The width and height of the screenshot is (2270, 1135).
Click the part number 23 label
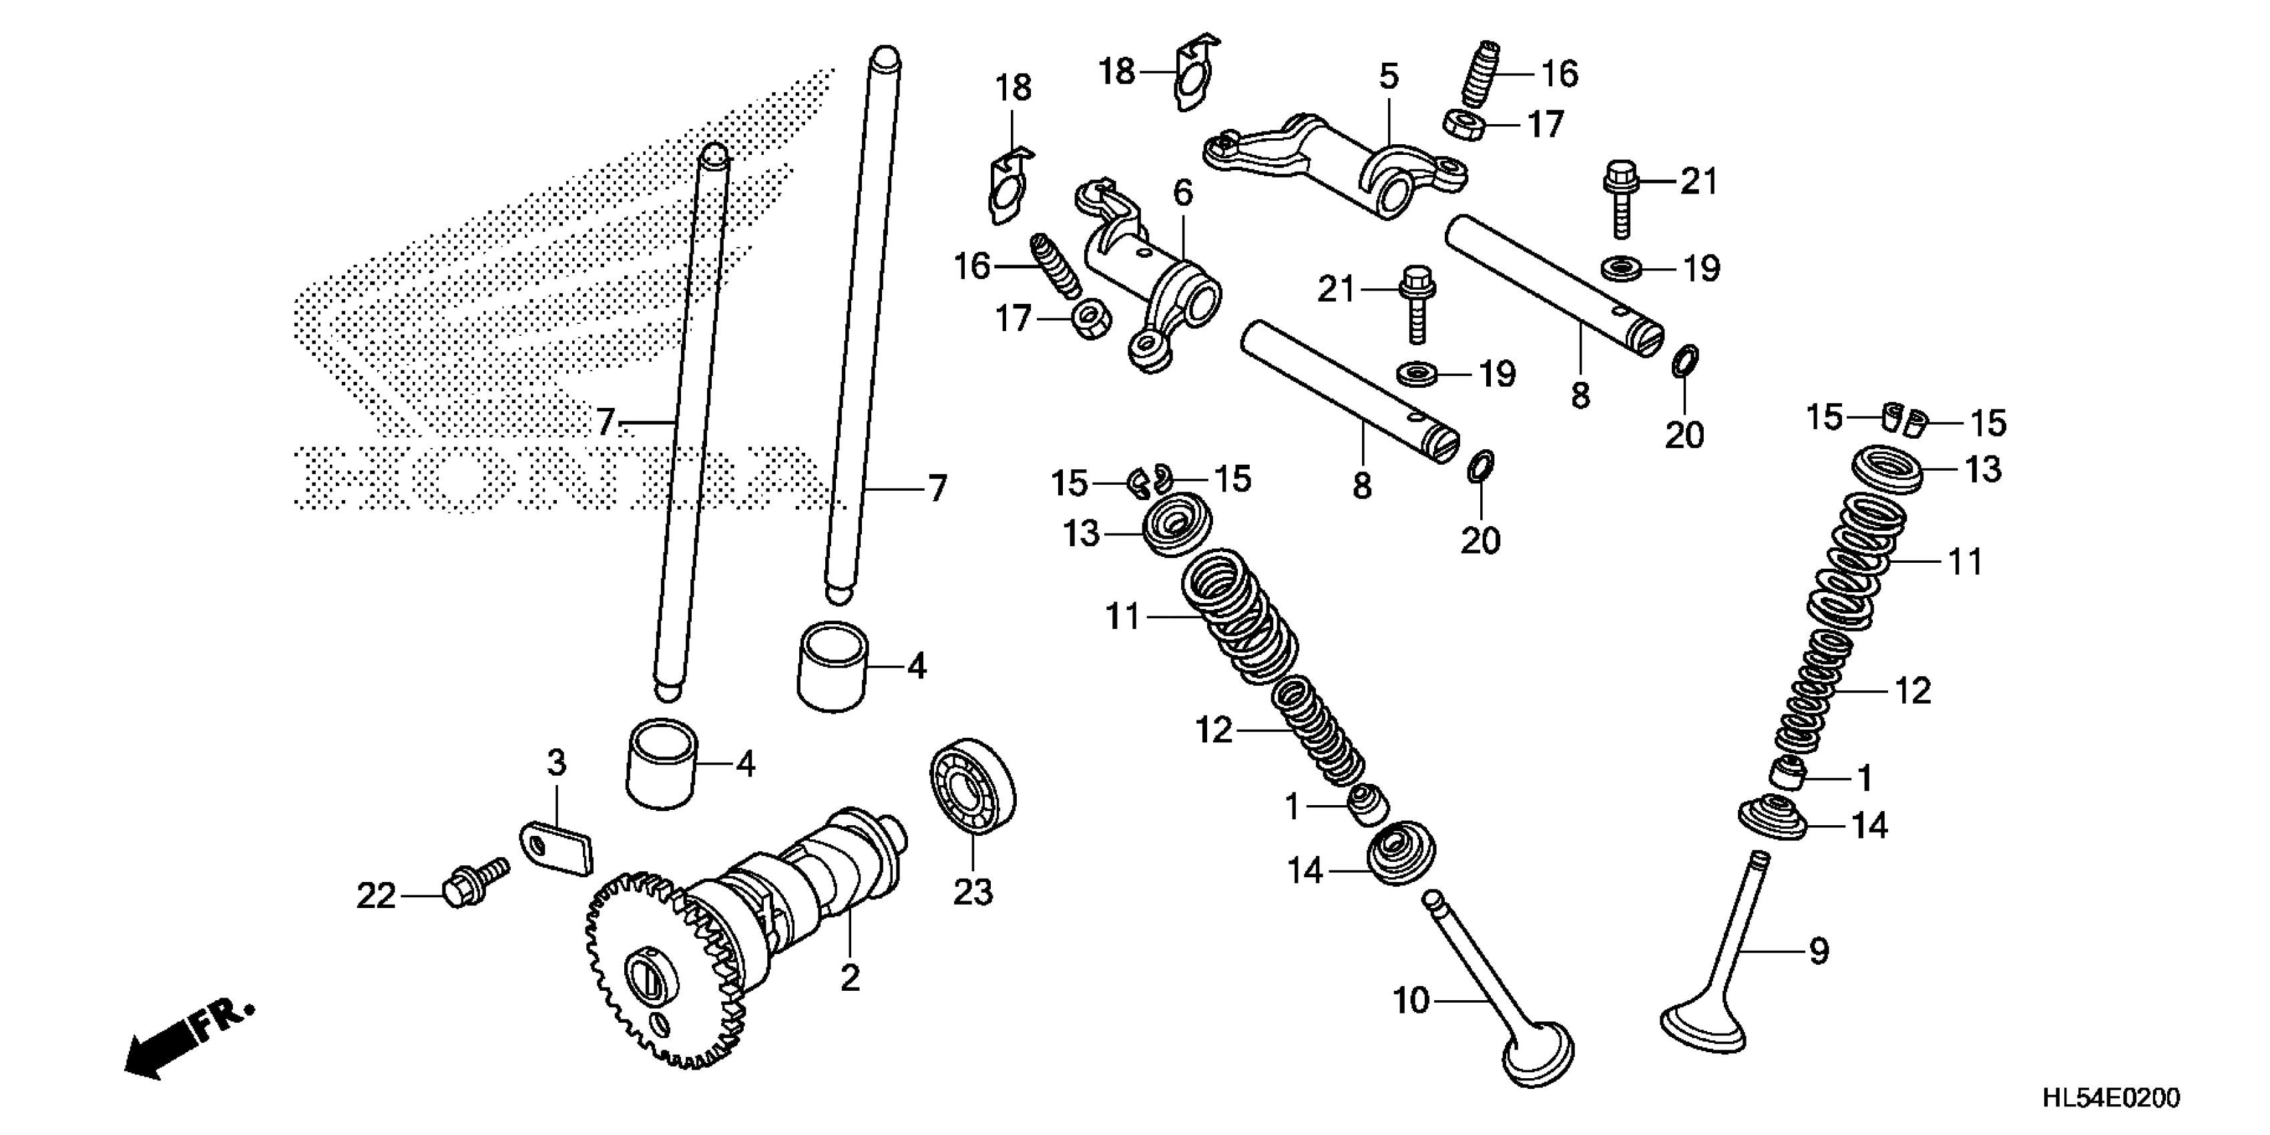[973, 893]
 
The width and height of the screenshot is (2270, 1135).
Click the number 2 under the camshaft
[849, 977]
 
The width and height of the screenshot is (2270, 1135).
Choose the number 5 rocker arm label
[1389, 77]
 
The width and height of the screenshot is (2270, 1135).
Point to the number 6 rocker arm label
[1182, 193]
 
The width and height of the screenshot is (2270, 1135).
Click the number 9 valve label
[1819, 951]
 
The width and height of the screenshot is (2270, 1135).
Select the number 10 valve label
[1410, 1001]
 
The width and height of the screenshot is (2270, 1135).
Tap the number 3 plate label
[556, 763]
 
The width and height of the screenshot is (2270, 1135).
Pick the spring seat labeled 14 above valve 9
[1773, 818]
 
